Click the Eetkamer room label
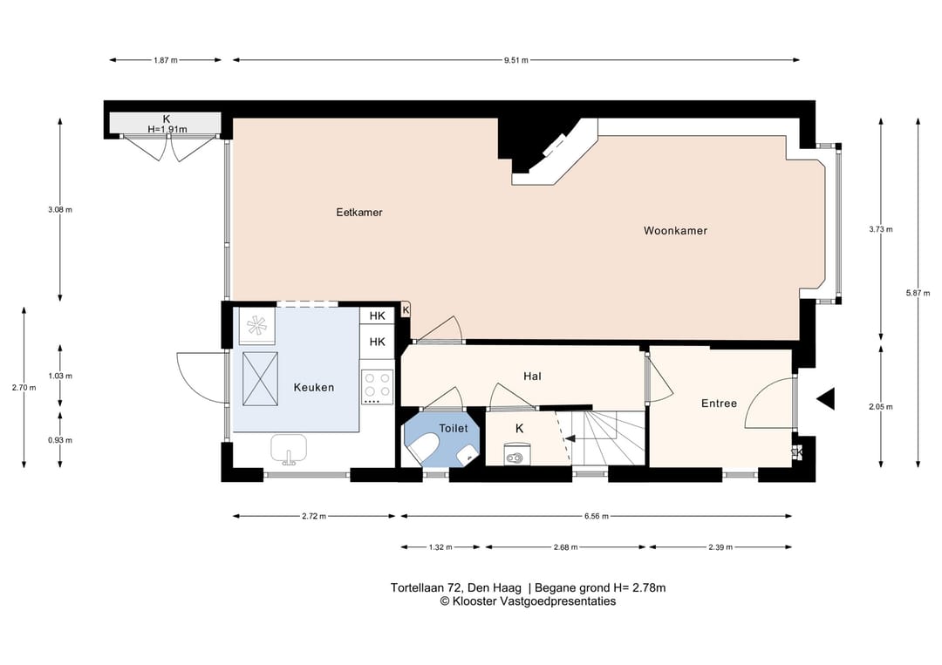point(359,213)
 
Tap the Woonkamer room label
point(675,230)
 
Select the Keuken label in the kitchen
point(314,388)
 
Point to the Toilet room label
point(453,429)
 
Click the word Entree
point(719,404)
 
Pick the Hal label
point(532,377)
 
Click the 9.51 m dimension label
point(516,60)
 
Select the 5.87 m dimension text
point(918,293)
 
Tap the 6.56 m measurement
point(596,516)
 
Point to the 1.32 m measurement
point(440,547)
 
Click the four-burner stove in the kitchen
point(378,386)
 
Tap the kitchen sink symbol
point(289,449)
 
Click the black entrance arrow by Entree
point(826,398)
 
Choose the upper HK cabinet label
point(378,316)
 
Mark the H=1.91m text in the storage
point(167,129)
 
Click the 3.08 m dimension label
point(60,210)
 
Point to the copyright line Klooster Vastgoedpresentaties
point(528,601)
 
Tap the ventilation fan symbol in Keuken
point(257,325)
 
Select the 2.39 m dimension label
point(720,547)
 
